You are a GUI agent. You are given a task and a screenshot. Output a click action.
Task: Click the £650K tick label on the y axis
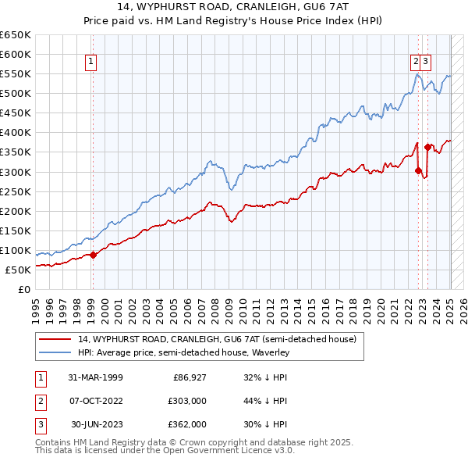(16, 35)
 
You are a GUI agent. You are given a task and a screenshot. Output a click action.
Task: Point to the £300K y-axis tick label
(16, 172)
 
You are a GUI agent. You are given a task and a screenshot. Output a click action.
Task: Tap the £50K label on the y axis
(18, 270)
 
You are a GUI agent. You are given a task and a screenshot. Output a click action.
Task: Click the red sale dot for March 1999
(93, 255)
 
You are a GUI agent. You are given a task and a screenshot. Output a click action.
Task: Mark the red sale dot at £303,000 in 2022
(419, 170)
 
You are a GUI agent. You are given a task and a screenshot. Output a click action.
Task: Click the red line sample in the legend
(55, 339)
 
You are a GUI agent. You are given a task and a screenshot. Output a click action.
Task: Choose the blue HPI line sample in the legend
(55, 353)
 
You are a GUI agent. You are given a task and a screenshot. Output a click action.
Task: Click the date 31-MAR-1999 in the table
(95, 377)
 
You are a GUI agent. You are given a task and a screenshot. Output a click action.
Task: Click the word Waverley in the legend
(269, 353)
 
